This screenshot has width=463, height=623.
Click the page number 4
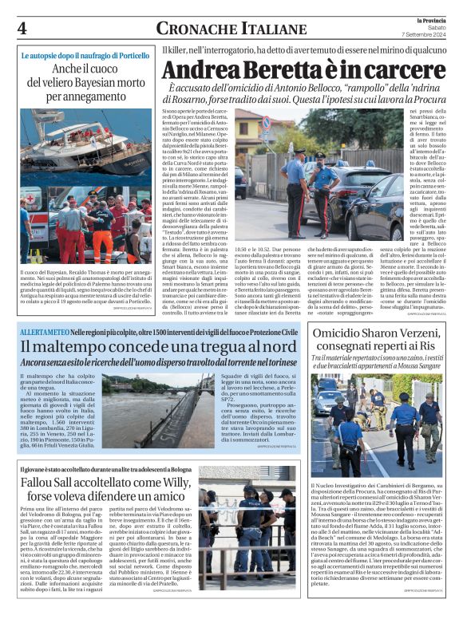[22, 28]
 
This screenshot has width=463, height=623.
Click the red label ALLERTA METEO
[44, 330]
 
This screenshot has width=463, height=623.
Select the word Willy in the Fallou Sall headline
[155, 485]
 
